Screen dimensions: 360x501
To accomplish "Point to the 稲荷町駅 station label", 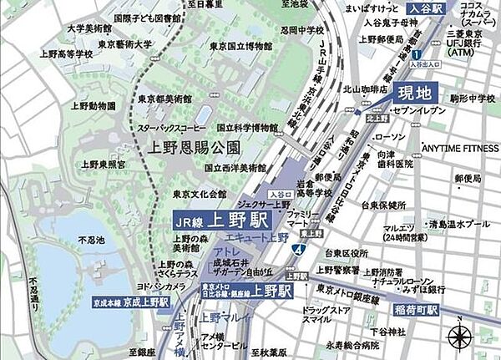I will (x=418, y=308).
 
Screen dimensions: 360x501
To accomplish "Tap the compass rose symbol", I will (x=460, y=337).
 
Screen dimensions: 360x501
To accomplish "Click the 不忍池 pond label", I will (x=91, y=241).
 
